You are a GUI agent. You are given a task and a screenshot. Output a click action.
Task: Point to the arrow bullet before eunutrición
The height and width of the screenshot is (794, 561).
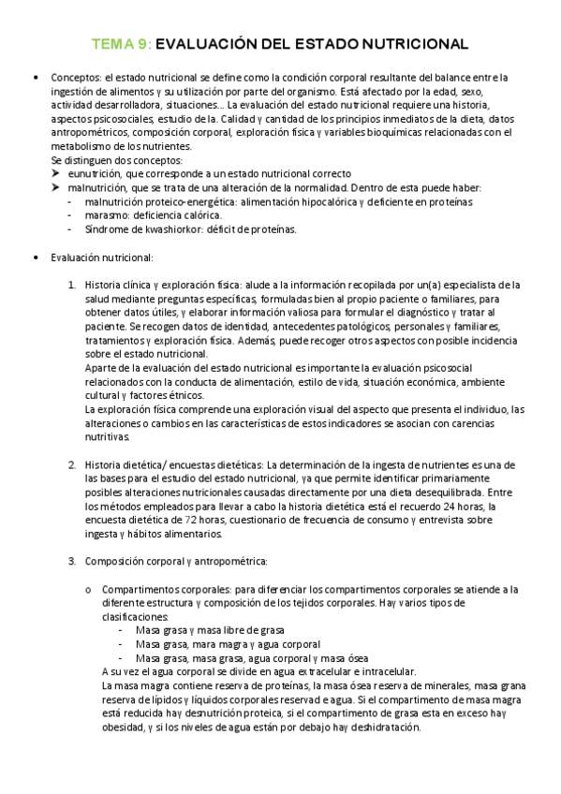click(x=56, y=174)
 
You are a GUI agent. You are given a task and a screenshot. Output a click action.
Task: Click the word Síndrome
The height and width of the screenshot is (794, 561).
click(x=108, y=229)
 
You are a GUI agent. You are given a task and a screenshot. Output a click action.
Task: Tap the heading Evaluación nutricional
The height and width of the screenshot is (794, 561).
click(x=102, y=257)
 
